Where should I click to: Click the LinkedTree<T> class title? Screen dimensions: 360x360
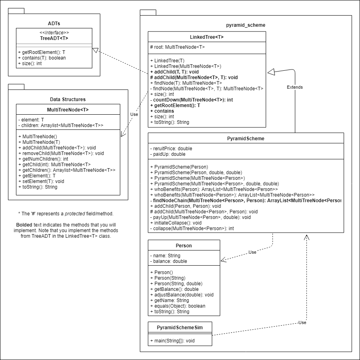coord(207,37)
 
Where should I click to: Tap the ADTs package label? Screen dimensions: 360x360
coord(54,24)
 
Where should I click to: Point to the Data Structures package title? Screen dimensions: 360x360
coord(68,99)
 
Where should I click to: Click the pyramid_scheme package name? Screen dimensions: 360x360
coord(245,25)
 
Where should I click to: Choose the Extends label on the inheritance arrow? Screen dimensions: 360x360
coord(295,87)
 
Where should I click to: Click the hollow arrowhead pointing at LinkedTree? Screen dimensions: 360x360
coord(271,72)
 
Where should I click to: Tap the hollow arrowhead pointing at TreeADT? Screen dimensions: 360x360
coord(95,50)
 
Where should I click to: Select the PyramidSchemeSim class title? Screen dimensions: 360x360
coord(179,327)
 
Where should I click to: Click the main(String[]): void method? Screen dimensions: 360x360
coord(172,340)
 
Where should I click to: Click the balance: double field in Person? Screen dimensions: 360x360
coord(168,261)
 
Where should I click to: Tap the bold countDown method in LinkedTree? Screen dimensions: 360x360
coord(191,100)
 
